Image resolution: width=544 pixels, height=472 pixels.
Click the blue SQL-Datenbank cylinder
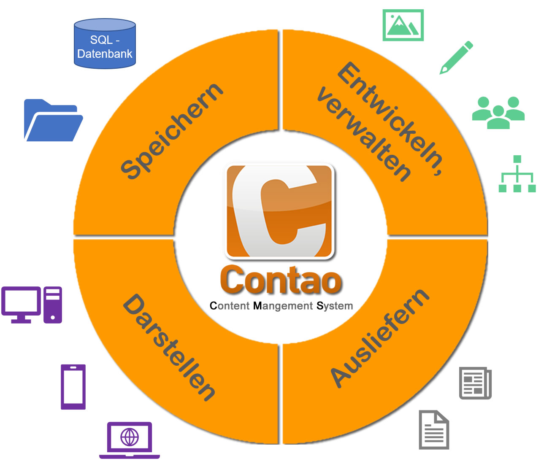pyautogui.click(x=105, y=44)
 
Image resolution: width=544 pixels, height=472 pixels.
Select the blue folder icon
pyautogui.click(x=52, y=121)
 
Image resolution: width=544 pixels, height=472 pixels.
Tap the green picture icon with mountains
pyautogui.click(x=403, y=25)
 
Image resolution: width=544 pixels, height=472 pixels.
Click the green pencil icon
pyautogui.click(x=456, y=57)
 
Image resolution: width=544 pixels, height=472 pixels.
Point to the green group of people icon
pyautogui.click(x=498, y=113)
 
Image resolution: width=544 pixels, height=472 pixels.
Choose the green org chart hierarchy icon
pyautogui.click(x=517, y=174)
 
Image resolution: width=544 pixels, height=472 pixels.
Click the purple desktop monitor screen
pyautogui.click(x=21, y=302)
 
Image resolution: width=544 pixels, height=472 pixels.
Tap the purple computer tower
pyautogui.click(x=53, y=305)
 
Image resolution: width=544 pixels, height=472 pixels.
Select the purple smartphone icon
pyautogui.click(x=73, y=387)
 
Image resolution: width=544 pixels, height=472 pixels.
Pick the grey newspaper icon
pyautogui.click(x=475, y=383)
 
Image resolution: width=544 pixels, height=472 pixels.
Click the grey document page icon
pyautogui.click(x=434, y=430)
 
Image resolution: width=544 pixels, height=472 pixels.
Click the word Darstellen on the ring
pyautogui.click(x=169, y=347)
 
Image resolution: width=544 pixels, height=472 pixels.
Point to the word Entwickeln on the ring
pyautogui.click(x=390, y=118)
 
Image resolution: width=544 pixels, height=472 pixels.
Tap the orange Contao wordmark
pyautogui.click(x=281, y=281)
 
